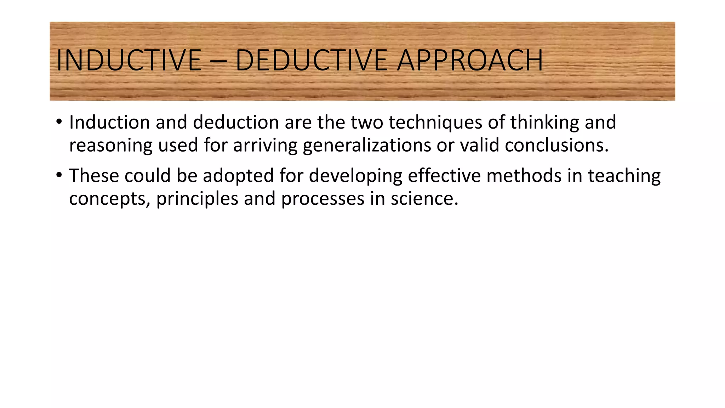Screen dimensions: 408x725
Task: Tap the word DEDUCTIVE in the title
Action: (311, 60)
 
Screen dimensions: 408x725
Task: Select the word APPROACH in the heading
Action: (470, 60)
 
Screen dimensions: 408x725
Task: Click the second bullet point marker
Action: (59, 175)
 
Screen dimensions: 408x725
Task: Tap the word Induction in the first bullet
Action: (109, 122)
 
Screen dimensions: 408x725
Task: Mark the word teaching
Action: (624, 176)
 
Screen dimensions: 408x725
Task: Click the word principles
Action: (197, 199)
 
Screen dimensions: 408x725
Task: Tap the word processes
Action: (322, 199)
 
